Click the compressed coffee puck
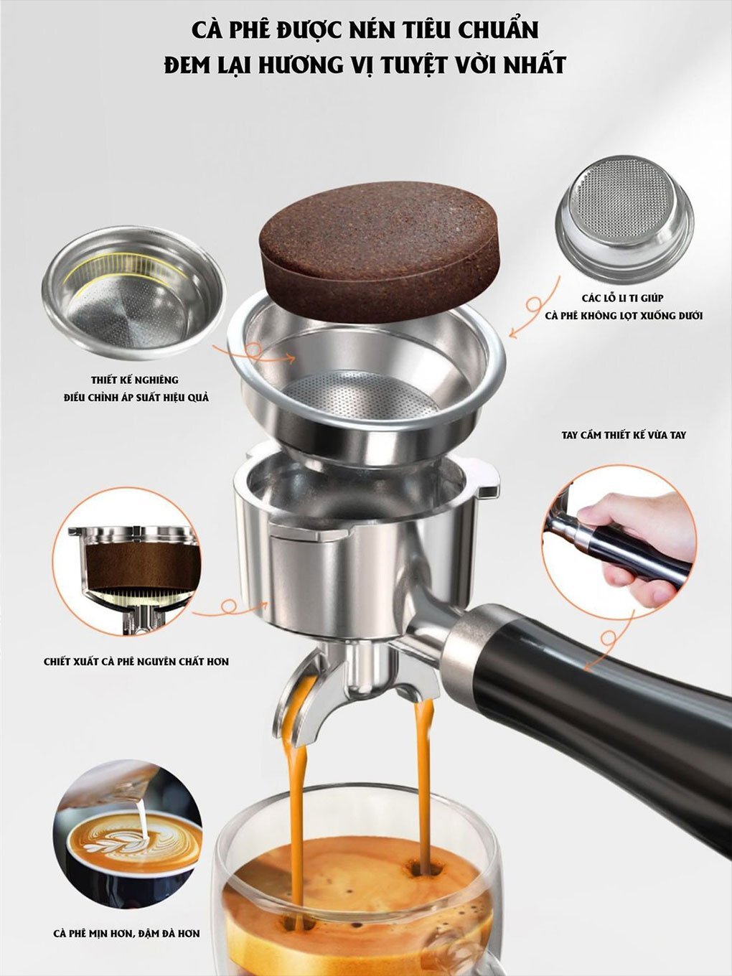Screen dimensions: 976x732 379,258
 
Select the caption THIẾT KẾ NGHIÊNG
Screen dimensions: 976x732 135,380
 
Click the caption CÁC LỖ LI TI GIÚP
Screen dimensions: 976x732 623,297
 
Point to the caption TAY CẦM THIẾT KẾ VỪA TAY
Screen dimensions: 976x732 623,435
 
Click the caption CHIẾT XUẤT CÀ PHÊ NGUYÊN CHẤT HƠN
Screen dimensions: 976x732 136,661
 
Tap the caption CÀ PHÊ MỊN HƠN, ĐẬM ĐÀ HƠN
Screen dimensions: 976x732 126,934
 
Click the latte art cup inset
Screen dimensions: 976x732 128,838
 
